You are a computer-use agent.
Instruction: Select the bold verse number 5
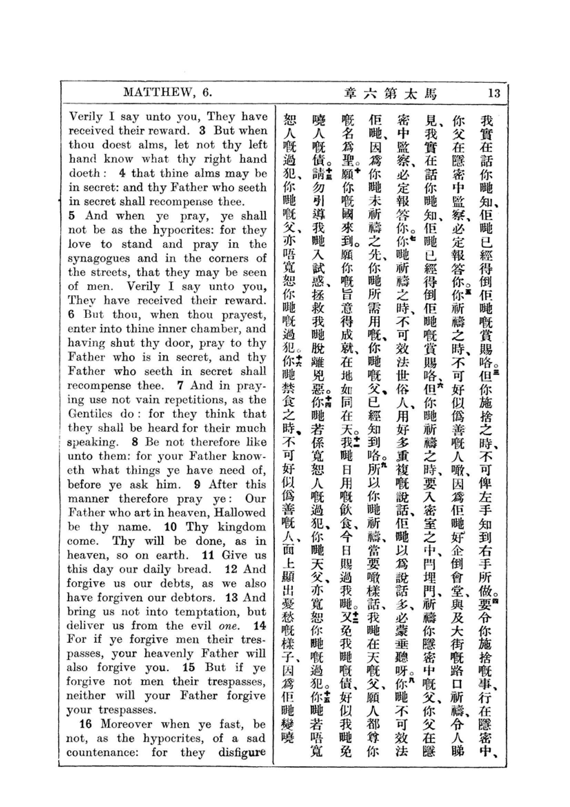pyautogui.click(x=72, y=215)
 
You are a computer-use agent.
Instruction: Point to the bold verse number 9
pyautogui.click(x=197, y=484)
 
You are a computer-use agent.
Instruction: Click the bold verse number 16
pyautogui.click(x=87, y=724)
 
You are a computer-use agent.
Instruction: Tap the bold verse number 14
pyautogui.click(x=260, y=626)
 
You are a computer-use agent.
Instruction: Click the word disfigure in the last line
pyautogui.click(x=242, y=752)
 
